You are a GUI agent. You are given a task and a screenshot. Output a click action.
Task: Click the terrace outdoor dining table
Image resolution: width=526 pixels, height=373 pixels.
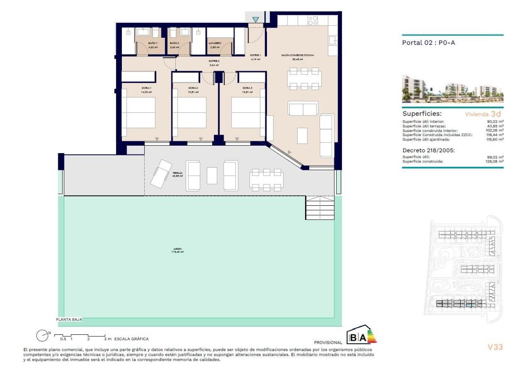tap(266, 179)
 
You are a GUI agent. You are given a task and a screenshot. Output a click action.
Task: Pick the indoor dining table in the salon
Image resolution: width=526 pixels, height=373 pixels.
tap(304, 79)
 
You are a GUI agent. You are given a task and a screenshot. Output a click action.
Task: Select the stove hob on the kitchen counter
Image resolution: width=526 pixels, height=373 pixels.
tap(313, 20)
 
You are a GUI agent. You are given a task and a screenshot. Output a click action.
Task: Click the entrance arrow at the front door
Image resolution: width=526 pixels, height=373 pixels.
tap(256, 20)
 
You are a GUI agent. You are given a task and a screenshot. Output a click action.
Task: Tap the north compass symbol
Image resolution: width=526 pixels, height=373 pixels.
tap(42, 336)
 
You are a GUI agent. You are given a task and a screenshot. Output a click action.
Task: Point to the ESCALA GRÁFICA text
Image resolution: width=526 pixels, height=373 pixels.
tap(131, 339)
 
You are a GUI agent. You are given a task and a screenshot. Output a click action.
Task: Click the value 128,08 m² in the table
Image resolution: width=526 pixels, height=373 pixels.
tap(494, 161)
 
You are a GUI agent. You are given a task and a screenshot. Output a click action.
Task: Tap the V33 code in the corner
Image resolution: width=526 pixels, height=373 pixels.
tap(495, 347)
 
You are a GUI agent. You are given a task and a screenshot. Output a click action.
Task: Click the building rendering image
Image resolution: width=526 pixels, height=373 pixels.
tap(452, 89)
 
